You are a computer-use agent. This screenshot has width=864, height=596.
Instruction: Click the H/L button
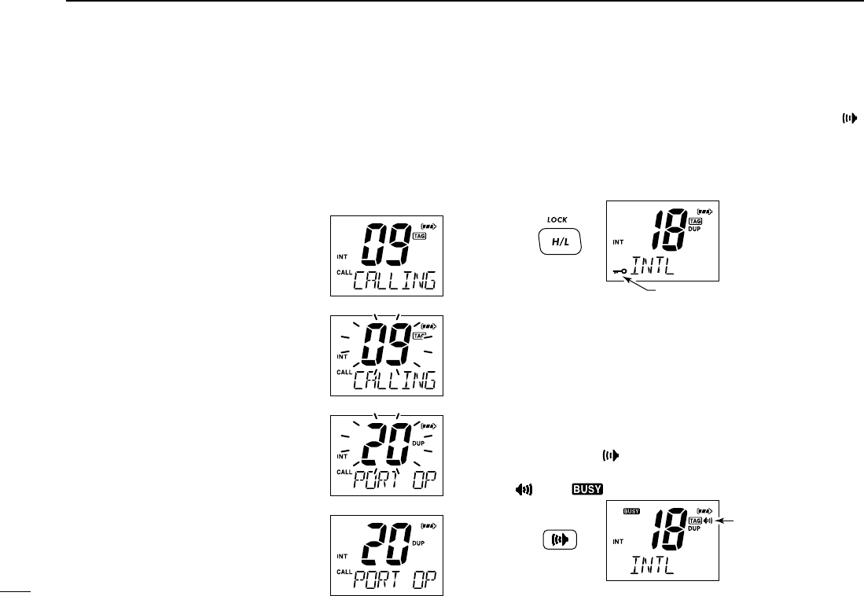click(559, 243)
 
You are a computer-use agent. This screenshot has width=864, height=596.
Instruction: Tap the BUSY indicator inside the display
click(631, 510)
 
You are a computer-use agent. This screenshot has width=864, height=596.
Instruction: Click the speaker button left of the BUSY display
click(559, 540)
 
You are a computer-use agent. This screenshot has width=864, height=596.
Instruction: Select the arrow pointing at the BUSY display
click(728, 519)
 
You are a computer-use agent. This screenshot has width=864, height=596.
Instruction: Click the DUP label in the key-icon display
click(695, 230)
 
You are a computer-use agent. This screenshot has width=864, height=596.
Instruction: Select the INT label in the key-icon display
click(619, 242)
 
